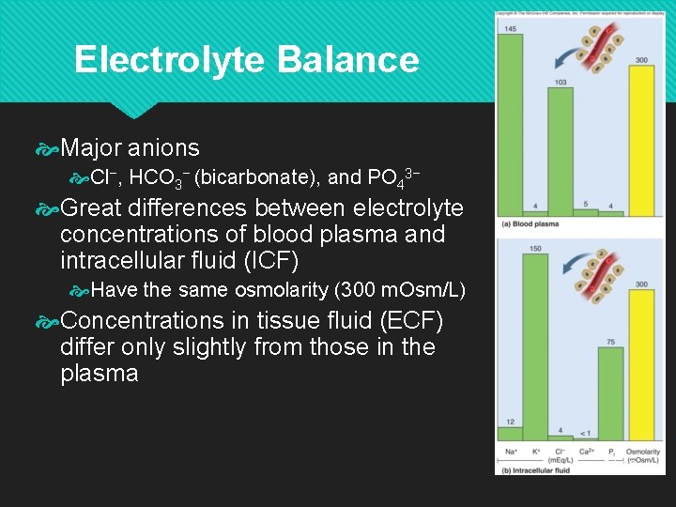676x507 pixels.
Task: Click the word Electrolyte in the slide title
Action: pyautogui.click(x=169, y=60)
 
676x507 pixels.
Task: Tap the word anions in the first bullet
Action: pyautogui.click(x=163, y=147)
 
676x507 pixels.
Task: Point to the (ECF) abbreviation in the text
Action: pyautogui.click(x=407, y=320)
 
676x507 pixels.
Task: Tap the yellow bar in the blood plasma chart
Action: pyautogui.click(x=641, y=140)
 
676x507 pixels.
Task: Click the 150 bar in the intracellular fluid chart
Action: pyautogui.click(x=535, y=344)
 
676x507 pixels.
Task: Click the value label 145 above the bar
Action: pyautogui.click(x=510, y=30)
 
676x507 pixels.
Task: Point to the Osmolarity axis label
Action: pyautogui.click(x=643, y=453)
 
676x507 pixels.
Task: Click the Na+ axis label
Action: pyautogui.click(x=511, y=452)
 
